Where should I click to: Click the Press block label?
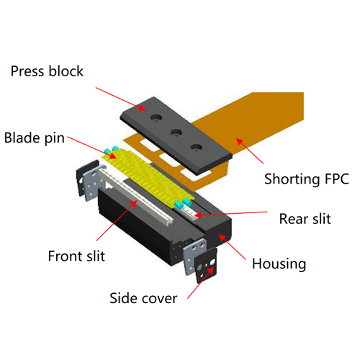tap(47, 71)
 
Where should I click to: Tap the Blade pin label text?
tap(35, 138)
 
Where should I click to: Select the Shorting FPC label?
tap(307, 179)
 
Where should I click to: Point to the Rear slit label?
tap(305, 219)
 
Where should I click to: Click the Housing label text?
tap(279, 264)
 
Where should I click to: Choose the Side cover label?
tap(143, 298)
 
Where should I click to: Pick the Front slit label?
tap(76, 256)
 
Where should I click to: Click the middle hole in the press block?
tap(176, 132)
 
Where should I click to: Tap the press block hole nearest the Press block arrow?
tap(156, 117)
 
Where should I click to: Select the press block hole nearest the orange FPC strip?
tap(197, 147)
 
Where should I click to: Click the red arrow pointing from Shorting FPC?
tap(250, 151)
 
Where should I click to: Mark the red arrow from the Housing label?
tap(233, 247)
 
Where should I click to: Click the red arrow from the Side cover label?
tap(201, 282)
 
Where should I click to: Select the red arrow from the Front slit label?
tap(117, 220)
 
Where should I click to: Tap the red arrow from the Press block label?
tap(120, 99)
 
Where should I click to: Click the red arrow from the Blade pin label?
tap(92, 148)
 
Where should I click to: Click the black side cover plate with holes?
tap(207, 266)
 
